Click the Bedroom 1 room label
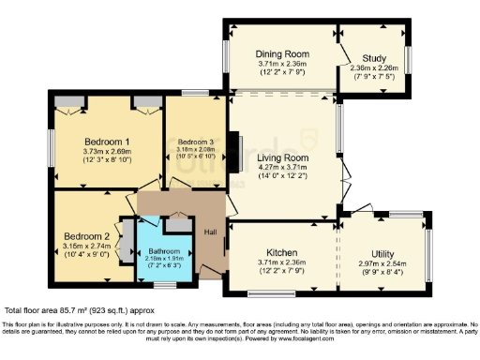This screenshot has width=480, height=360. pos(106,142)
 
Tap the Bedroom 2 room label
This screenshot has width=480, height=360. pos(87,235)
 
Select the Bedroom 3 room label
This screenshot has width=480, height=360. pos(196,142)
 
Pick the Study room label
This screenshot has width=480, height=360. pos(372,55)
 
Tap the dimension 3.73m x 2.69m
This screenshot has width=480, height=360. pos(106,152)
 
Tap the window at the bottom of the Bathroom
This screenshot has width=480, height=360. pos(165,285)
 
